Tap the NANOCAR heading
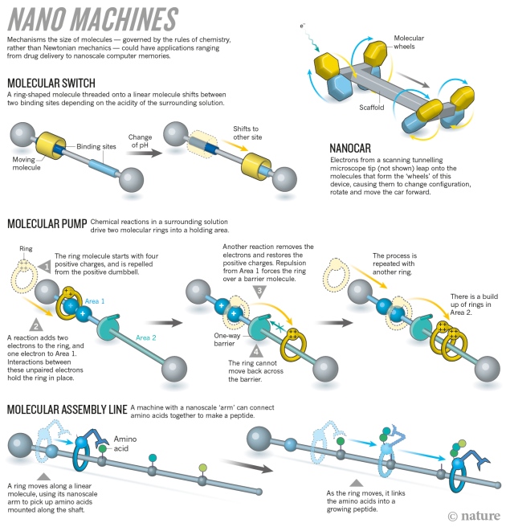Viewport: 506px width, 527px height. tap(356, 149)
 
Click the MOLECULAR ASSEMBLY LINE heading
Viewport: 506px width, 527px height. tap(67, 410)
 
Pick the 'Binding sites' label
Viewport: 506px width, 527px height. tap(97, 147)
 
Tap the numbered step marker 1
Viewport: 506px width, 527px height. tap(47, 264)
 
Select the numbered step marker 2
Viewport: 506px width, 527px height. tap(35, 325)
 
